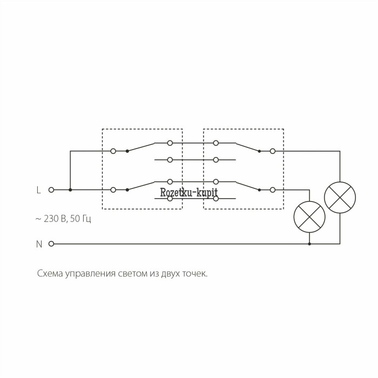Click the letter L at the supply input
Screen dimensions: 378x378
point(38,190)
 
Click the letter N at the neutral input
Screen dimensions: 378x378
point(39,244)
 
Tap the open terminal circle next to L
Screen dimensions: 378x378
point(51,190)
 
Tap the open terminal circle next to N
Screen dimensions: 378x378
point(51,244)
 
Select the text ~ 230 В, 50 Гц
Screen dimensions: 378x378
point(63,219)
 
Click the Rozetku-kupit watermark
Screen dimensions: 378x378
point(189,192)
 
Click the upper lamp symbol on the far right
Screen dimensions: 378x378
point(340,198)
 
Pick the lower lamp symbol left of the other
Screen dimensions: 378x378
point(309,217)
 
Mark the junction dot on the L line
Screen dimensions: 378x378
point(70,190)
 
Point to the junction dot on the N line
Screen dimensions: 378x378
point(309,244)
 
